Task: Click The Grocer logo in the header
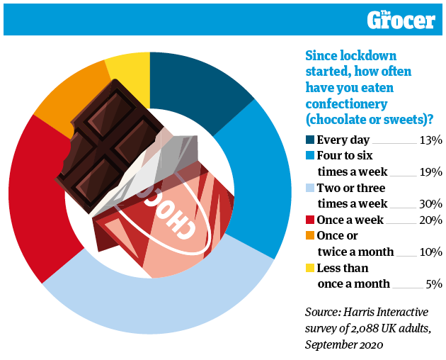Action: click(401, 19)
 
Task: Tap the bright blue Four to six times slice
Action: click(262, 177)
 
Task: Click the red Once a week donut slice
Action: click(39, 198)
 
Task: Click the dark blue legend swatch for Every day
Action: click(309, 140)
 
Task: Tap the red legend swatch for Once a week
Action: click(309, 220)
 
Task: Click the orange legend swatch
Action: click(309, 237)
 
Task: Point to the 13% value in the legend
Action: click(430, 140)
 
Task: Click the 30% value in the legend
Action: click(430, 204)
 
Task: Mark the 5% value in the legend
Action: click(433, 284)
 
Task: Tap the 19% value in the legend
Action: click(430, 172)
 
